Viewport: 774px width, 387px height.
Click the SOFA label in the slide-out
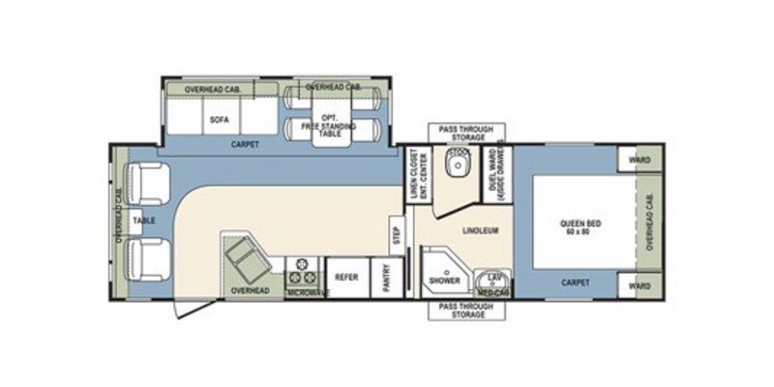point(219,120)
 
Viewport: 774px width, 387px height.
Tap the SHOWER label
point(445,279)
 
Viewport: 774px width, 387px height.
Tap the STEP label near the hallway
point(395,235)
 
